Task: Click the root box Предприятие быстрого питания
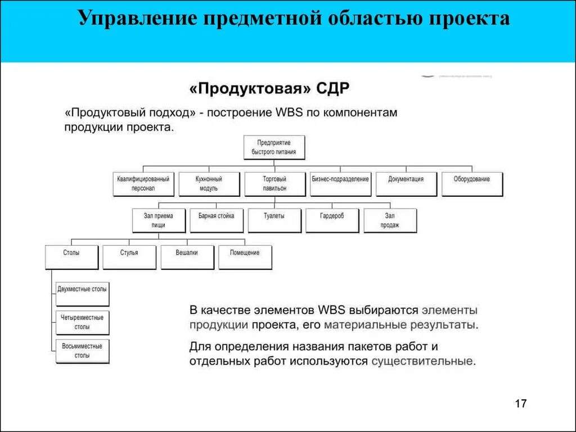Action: (x=274, y=147)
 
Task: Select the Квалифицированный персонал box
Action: (x=143, y=184)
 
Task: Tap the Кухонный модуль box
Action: (x=209, y=184)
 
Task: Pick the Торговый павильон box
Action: (x=274, y=184)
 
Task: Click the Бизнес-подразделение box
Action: (x=340, y=184)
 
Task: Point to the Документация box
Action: (x=406, y=184)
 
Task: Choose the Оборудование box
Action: (x=472, y=184)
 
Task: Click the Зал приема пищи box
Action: (x=159, y=220)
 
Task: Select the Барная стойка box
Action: (x=216, y=220)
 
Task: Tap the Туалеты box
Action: (x=274, y=220)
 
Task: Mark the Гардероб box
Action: (x=332, y=220)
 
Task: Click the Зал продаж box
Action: (x=390, y=220)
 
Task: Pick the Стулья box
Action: (x=129, y=257)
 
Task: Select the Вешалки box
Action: (x=187, y=257)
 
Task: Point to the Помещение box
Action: (x=245, y=257)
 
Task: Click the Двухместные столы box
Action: (x=83, y=294)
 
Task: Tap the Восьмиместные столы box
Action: (x=83, y=351)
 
